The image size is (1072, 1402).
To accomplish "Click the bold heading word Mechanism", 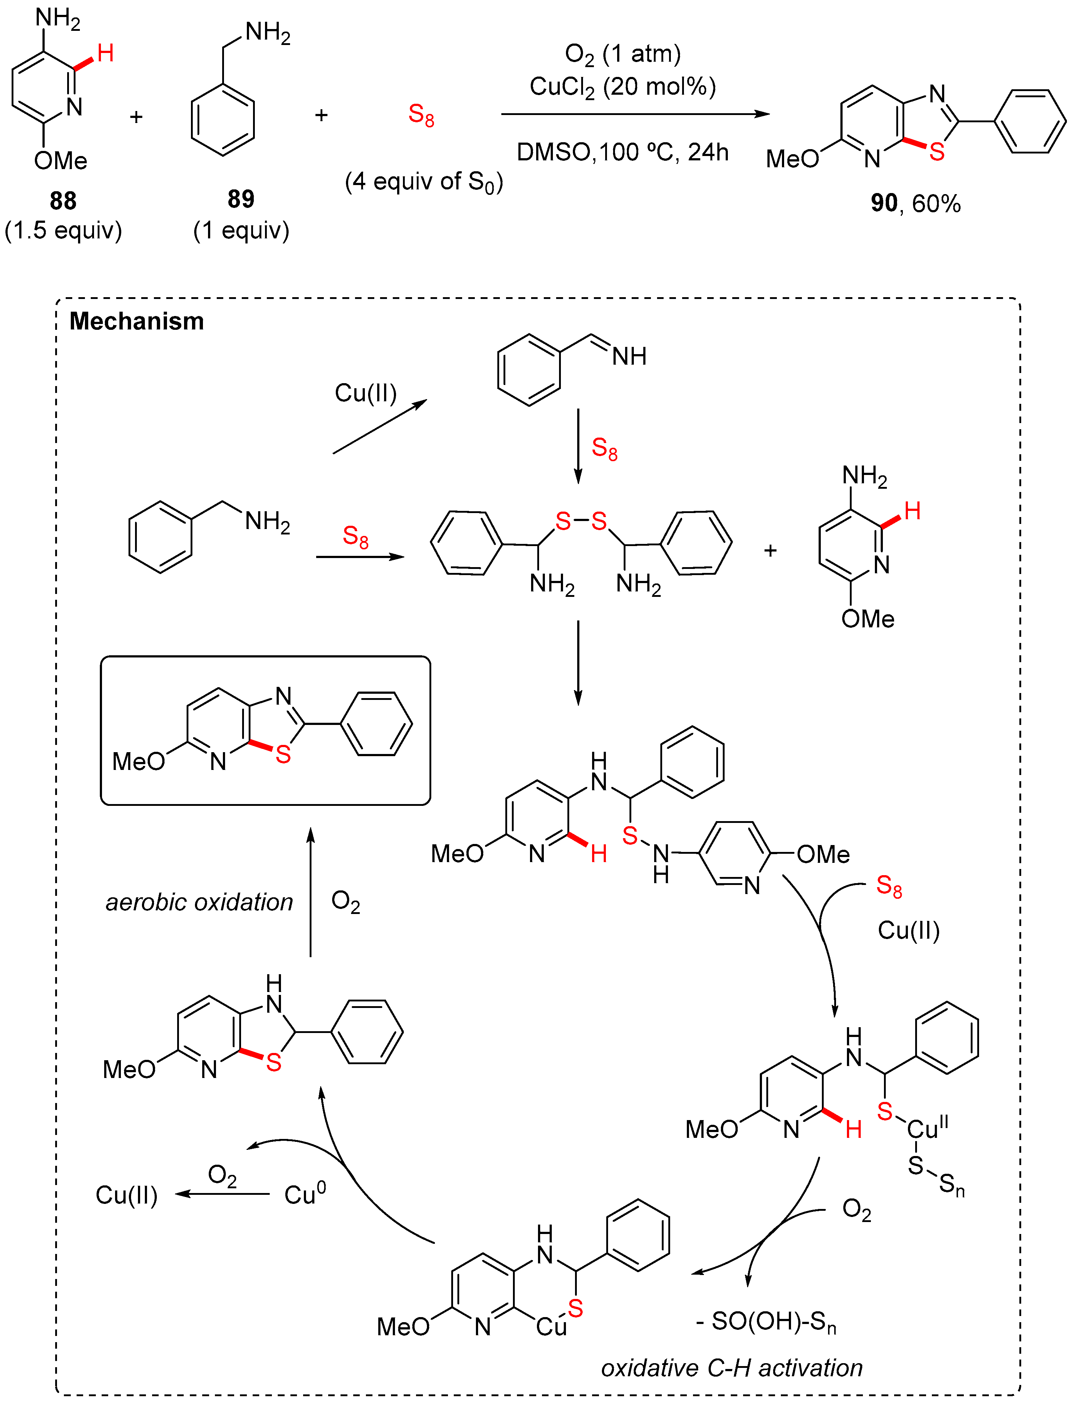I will [x=136, y=321].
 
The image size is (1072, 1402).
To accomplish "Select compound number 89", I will [x=241, y=199].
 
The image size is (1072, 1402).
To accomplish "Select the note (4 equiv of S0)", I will [x=424, y=182].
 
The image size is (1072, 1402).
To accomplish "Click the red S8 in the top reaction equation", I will [x=421, y=115].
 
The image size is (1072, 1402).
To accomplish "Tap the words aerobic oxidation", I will [x=199, y=902].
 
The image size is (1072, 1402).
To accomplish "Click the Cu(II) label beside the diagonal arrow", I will [x=366, y=393].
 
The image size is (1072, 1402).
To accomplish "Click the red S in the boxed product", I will [x=283, y=755].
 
